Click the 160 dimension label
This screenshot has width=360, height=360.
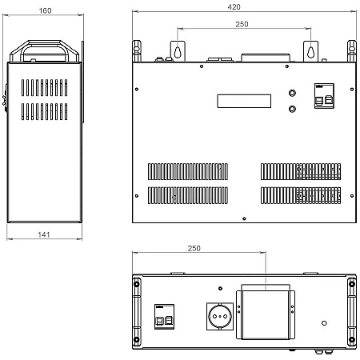[x=45, y=10]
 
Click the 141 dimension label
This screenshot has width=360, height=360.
[x=44, y=234]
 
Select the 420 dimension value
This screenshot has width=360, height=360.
[x=234, y=7]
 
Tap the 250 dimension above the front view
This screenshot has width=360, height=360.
[x=242, y=24]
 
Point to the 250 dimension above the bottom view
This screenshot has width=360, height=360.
[x=194, y=248]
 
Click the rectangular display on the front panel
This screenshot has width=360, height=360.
[x=244, y=101]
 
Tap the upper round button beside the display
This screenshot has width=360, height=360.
[x=292, y=93]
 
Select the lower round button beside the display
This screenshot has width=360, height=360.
[x=292, y=109]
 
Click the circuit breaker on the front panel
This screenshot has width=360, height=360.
[x=324, y=96]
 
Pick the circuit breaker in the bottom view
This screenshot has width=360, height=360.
[x=164, y=317]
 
